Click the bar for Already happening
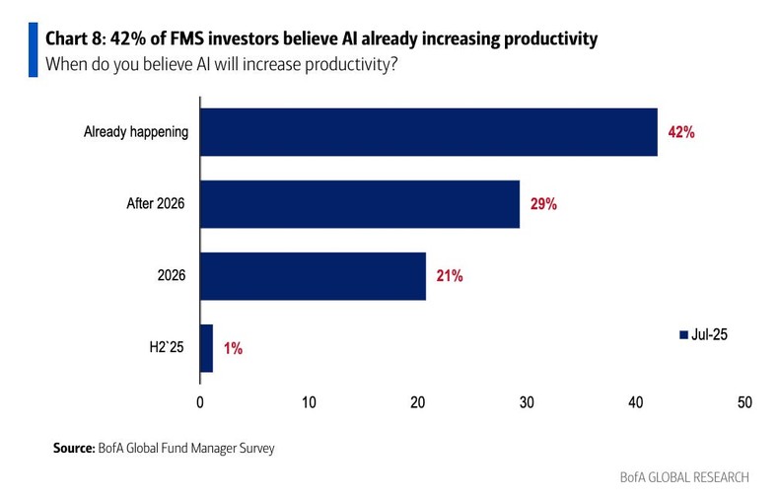pos(429,131)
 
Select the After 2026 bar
pos(360,204)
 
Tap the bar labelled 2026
pos(314,276)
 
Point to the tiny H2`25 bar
pos(207,348)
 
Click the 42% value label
pos(680,132)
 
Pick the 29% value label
pos(542,204)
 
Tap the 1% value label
pos(232,348)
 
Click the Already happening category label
pos(136,132)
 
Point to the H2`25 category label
pos(167,348)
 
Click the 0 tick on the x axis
pos(200,402)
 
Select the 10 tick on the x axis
pos(309,402)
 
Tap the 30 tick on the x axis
pos(527,402)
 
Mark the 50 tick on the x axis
pos(744,402)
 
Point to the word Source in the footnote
pos(73,449)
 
